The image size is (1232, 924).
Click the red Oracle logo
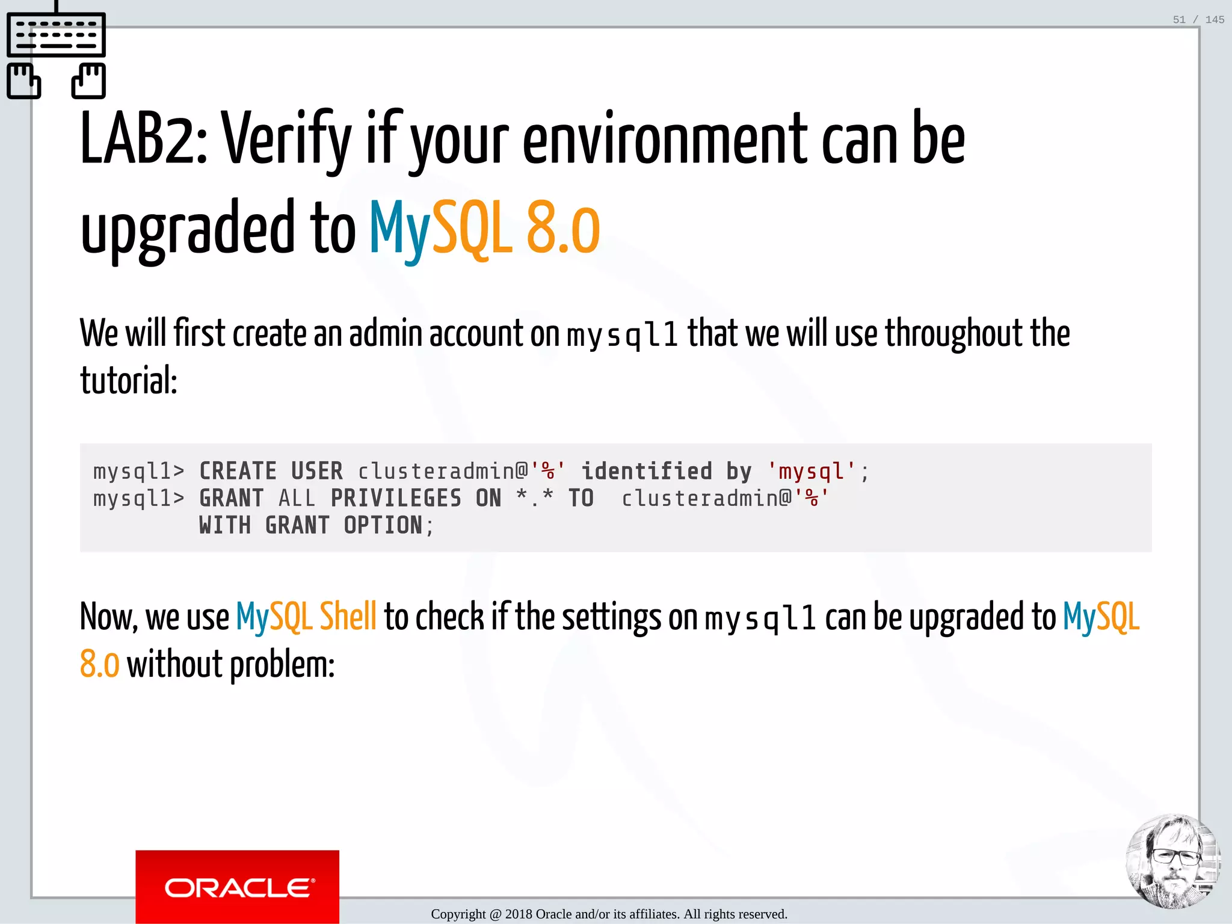(x=237, y=886)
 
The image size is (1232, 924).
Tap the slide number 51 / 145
(x=1198, y=20)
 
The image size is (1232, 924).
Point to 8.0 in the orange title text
(x=563, y=229)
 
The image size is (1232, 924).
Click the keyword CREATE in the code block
(x=238, y=471)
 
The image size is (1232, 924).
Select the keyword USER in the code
(x=317, y=471)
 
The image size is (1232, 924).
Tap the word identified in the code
(x=647, y=471)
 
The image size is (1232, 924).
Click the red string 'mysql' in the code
(x=812, y=471)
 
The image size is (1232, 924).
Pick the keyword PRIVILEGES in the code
(x=396, y=498)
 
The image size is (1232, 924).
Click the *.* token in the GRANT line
(x=535, y=498)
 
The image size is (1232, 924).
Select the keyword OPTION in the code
(x=383, y=525)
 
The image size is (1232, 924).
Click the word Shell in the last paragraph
(x=348, y=617)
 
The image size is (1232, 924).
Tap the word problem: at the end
(x=282, y=665)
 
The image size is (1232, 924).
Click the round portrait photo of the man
(x=1172, y=861)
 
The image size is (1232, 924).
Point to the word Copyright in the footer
(x=458, y=914)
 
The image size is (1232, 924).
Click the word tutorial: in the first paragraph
(x=129, y=381)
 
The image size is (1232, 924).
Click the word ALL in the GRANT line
(x=297, y=498)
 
